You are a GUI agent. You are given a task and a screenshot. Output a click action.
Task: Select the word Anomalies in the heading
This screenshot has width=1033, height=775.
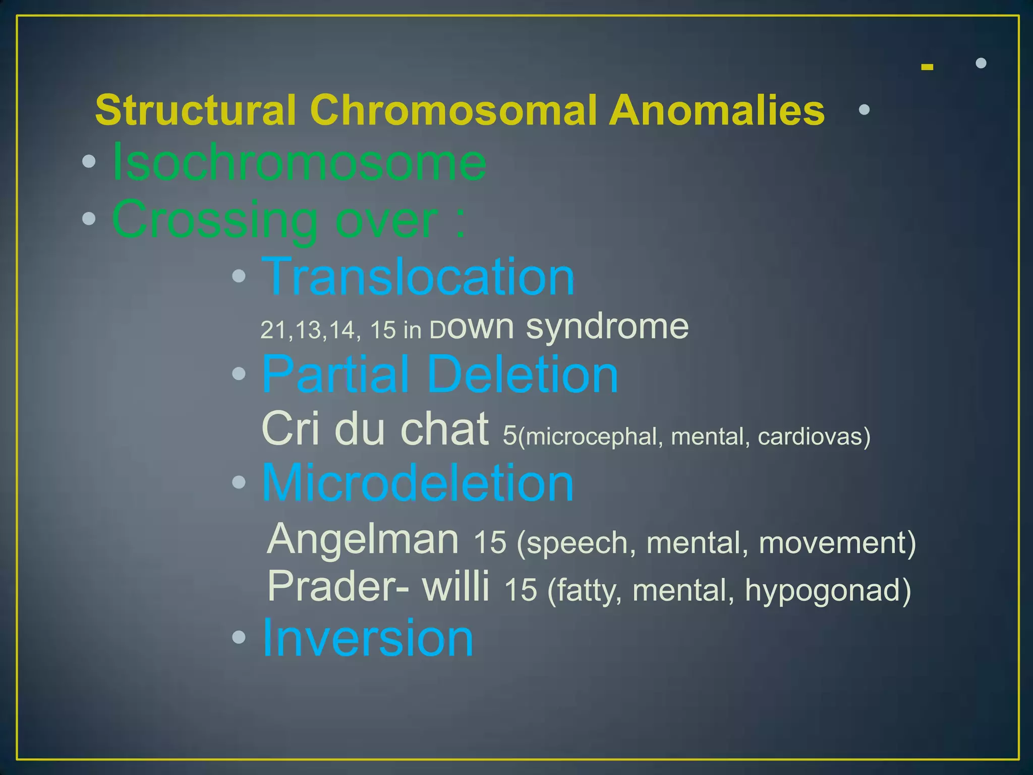click(x=717, y=110)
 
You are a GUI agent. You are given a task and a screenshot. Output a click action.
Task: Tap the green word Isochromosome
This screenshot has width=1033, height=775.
click(x=299, y=162)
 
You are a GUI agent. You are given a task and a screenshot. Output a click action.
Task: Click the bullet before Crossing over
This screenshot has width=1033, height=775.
click(x=89, y=218)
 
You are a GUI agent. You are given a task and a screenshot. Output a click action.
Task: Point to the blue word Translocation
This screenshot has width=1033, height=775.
click(x=418, y=276)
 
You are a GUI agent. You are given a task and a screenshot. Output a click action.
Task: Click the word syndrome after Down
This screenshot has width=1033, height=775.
click(x=607, y=327)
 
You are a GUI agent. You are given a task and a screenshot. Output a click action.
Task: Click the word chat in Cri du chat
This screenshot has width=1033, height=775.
click(x=444, y=429)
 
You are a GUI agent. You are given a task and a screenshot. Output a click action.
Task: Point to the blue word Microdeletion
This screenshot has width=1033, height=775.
click(x=418, y=483)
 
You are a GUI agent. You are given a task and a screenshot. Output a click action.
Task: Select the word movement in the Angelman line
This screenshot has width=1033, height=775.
click(x=837, y=543)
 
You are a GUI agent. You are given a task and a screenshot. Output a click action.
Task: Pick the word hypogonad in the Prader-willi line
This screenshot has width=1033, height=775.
click(x=827, y=590)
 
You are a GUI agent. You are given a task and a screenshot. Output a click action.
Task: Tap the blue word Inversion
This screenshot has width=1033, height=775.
click(x=368, y=638)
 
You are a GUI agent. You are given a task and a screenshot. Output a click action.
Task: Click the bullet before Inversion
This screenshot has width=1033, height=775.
click(x=239, y=638)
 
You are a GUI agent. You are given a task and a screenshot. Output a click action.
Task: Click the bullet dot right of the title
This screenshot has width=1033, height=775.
click(x=864, y=109)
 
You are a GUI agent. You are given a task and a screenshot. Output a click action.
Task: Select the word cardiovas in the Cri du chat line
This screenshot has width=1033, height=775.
click(x=814, y=436)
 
